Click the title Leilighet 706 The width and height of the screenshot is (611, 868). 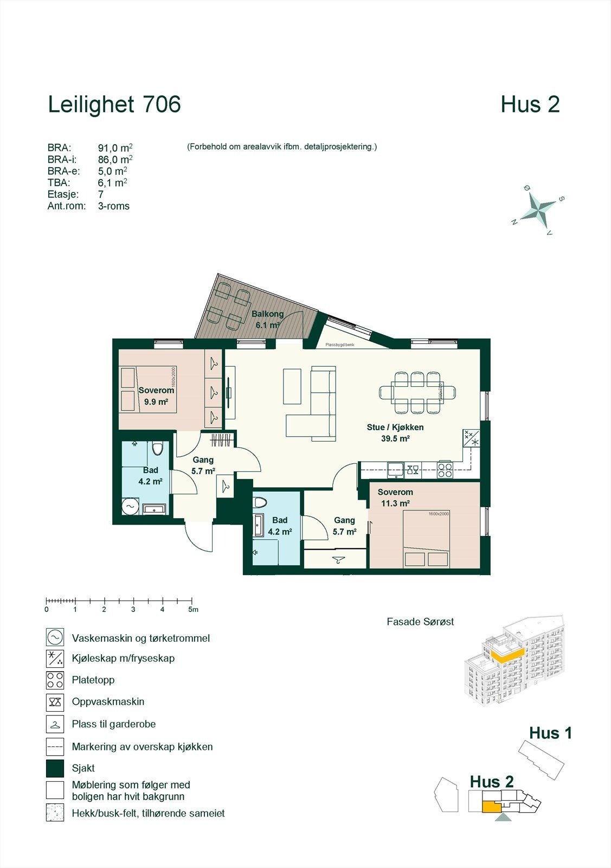coord(114,105)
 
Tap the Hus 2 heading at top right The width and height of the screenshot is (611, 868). coord(530,105)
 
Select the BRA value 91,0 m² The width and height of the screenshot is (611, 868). coord(115,148)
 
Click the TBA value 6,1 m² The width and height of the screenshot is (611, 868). coord(112,183)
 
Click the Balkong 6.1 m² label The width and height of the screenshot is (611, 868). coord(267,320)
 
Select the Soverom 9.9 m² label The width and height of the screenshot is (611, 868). coord(156,396)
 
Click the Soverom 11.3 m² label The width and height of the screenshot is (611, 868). coord(395,497)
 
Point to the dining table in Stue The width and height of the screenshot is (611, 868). coord(417,392)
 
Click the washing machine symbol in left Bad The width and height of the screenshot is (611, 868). coord(131,506)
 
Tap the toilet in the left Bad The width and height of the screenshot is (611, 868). coord(157,449)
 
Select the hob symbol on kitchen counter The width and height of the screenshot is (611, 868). coord(445,470)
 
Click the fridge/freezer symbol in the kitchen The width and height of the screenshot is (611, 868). coord(471,438)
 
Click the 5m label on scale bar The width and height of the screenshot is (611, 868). coord(194,610)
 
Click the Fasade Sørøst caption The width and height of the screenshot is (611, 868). coord(420,622)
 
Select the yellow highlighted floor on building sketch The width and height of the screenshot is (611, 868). coord(507,655)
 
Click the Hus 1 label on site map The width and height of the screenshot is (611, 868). coord(550,733)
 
